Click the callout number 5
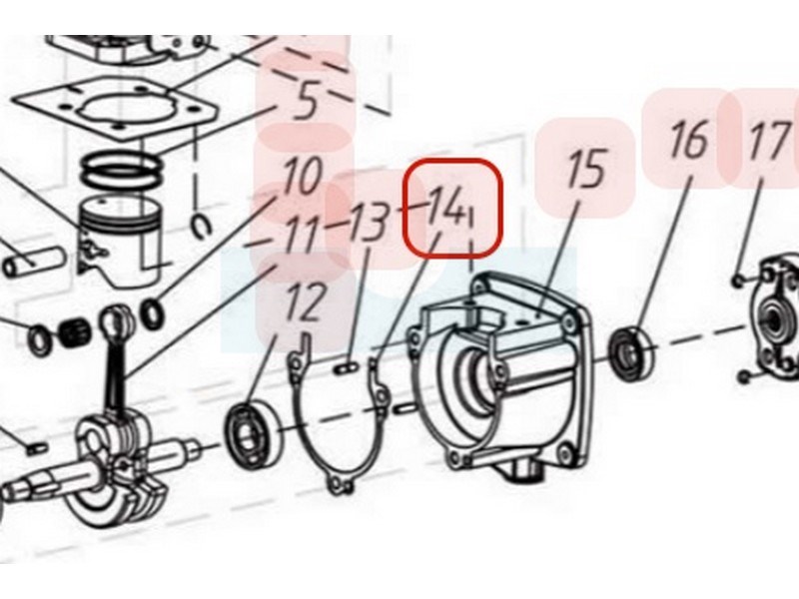click(307, 100)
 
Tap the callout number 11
click(305, 234)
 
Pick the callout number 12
click(306, 301)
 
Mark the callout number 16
click(689, 139)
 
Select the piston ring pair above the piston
click(122, 173)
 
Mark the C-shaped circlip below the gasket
click(202, 226)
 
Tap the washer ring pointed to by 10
click(153, 314)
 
